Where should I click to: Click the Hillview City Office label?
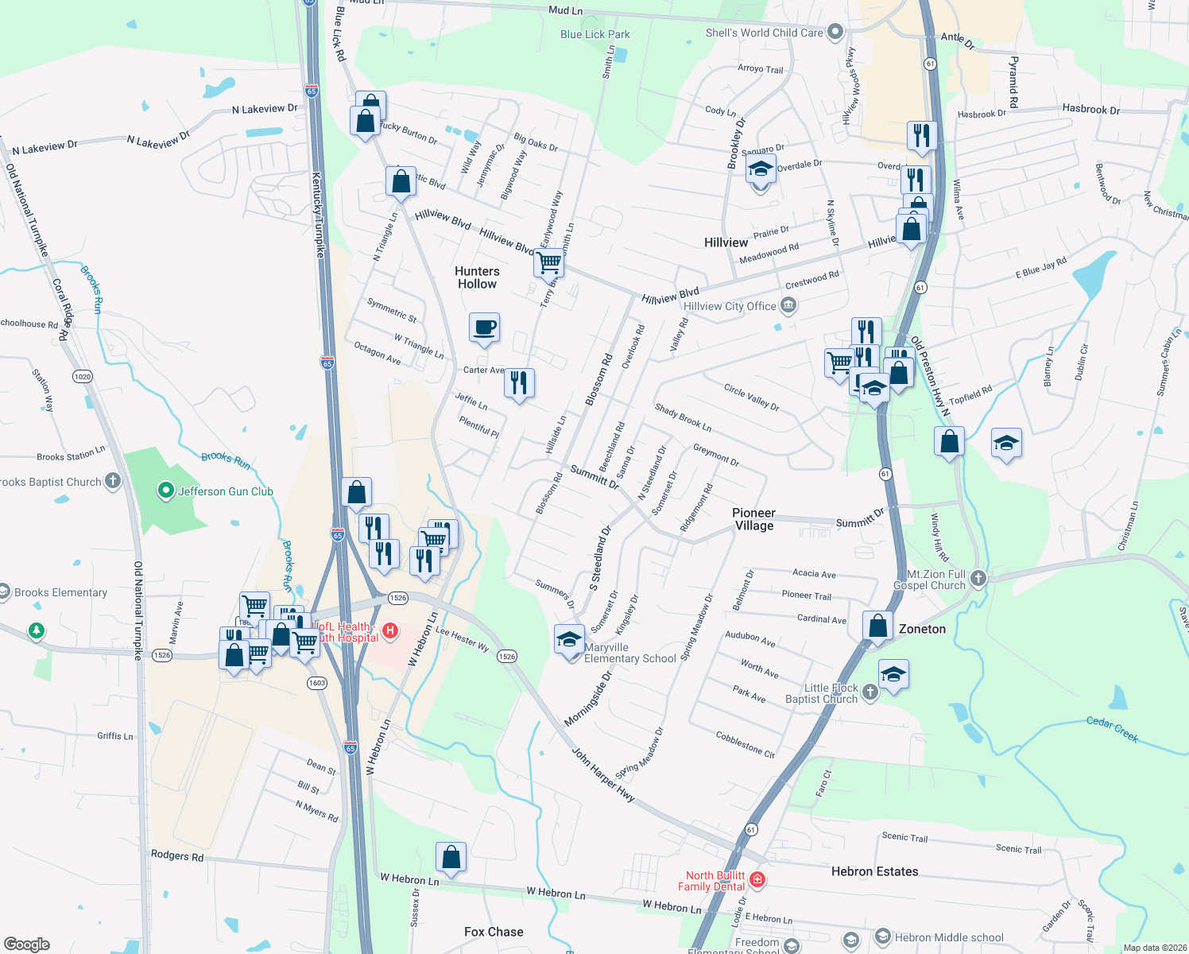tap(730, 306)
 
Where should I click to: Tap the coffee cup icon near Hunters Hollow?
tap(484, 328)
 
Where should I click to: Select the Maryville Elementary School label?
tap(630, 653)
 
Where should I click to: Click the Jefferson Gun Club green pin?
tap(165, 491)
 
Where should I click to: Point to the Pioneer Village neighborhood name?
tap(753, 519)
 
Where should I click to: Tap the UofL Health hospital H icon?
tap(389, 631)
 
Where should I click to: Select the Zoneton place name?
tap(922, 629)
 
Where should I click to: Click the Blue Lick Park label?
tap(594, 34)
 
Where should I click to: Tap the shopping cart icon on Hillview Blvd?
tap(548, 262)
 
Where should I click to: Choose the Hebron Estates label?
tap(874, 871)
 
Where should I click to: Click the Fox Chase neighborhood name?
tap(494, 932)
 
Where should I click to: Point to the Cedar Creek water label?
tap(1112, 729)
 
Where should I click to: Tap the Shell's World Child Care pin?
tap(835, 32)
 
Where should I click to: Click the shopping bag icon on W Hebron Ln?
tap(451, 858)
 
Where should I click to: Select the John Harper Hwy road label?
tap(603, 774)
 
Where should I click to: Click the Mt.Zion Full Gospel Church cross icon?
tap(978, 578)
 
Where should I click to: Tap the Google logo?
tap(27, 944)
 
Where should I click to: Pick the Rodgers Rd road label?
tap(177, 855)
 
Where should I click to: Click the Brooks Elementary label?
tap(60, 592)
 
